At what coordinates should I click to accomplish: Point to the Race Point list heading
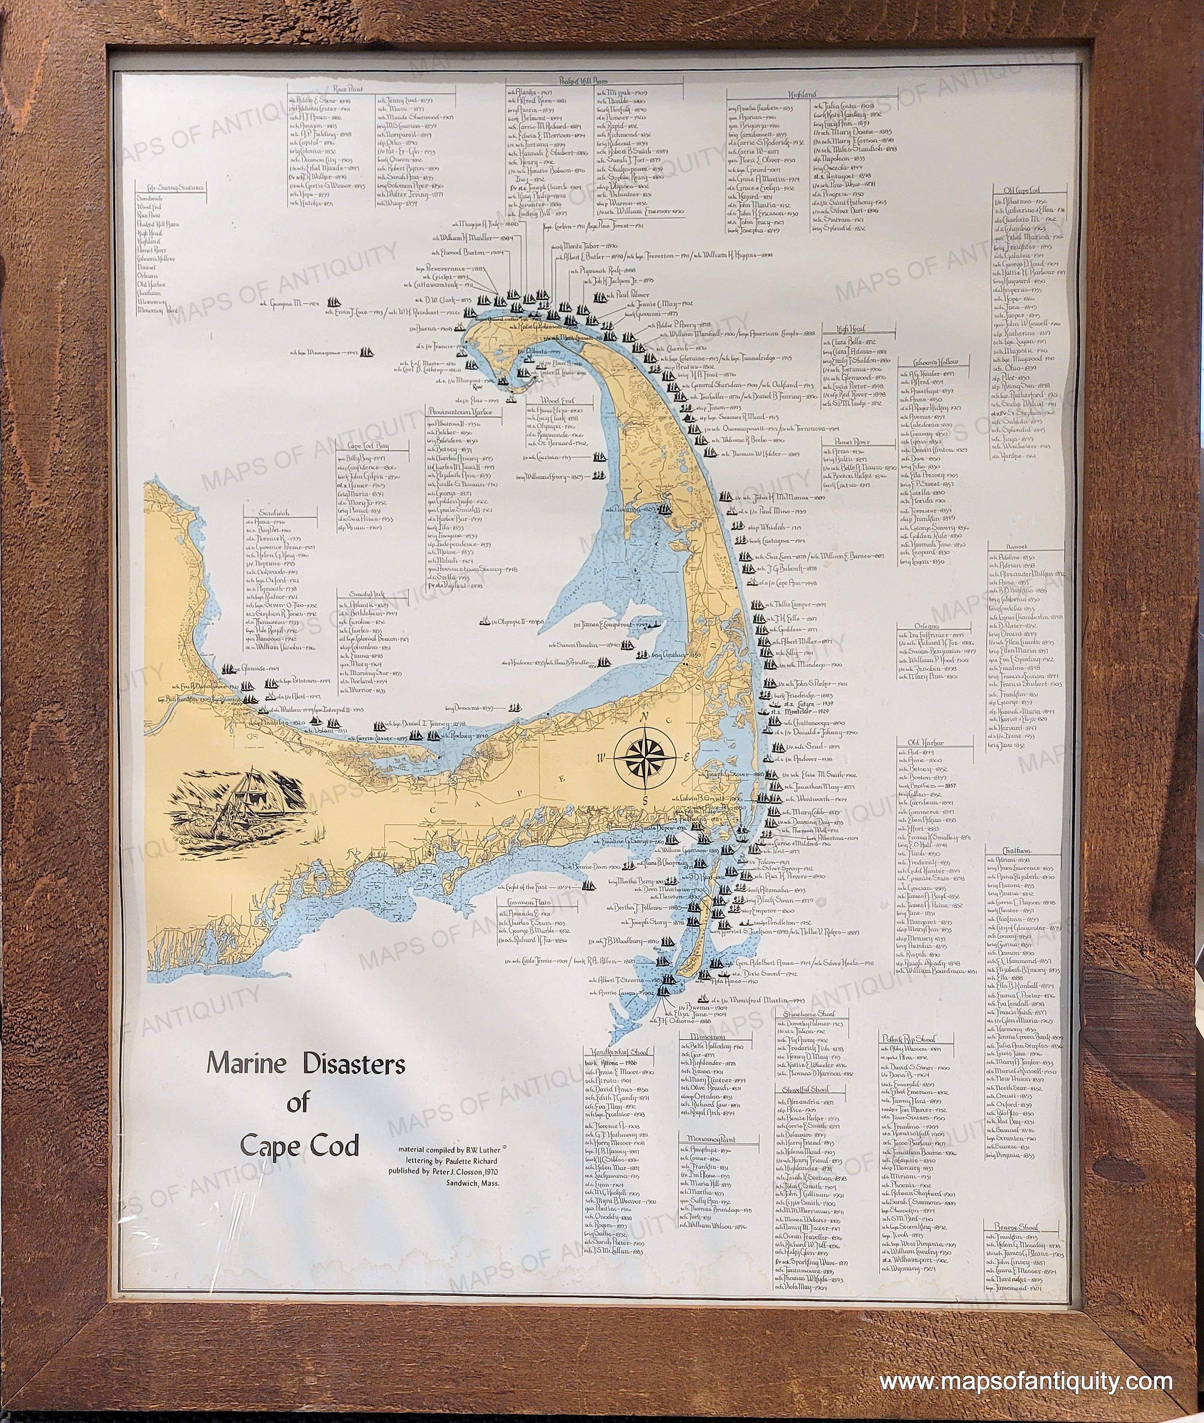point(351,88)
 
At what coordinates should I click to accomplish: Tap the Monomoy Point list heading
point(708,1139)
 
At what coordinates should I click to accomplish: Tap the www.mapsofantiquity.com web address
point(1025,1344)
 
